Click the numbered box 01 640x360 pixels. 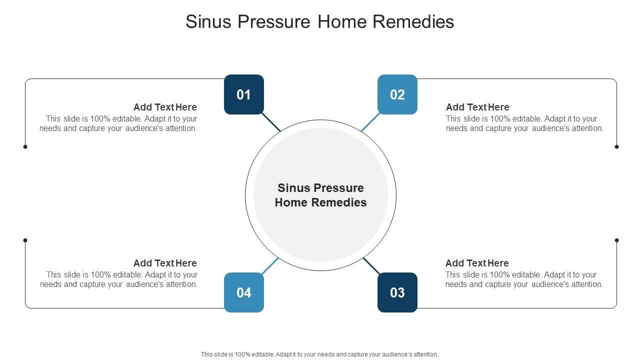click(x=244, y=94)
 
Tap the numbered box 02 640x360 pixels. click(x=397, y=94)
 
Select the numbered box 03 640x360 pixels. click(x=397, y=292)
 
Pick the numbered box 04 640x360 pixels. click(x=244, y=292)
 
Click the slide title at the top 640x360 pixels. click(x=320, y=21)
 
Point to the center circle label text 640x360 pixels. click(x=320, y=195)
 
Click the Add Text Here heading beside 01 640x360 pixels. click(x=165, y=107)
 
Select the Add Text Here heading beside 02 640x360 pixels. click(x=477, y=107)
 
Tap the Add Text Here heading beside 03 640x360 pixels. click(x=477, y=263)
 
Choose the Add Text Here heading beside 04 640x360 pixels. click(x=165, y=263)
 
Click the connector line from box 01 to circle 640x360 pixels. click(x=271, y=122)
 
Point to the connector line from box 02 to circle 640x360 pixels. click(x=370, y=122)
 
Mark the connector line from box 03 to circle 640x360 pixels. click(x=371, y=265)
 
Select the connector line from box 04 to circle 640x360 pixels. click(x=270, y=265)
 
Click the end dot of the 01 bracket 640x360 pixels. click(x=25, y=146)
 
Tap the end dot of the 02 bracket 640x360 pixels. click(x=616, y=146)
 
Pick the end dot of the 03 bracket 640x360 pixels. click(x=616, y=240)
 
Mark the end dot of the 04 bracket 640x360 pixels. click(x=25, y=240)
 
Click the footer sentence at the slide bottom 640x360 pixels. click(x=319, y=354)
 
